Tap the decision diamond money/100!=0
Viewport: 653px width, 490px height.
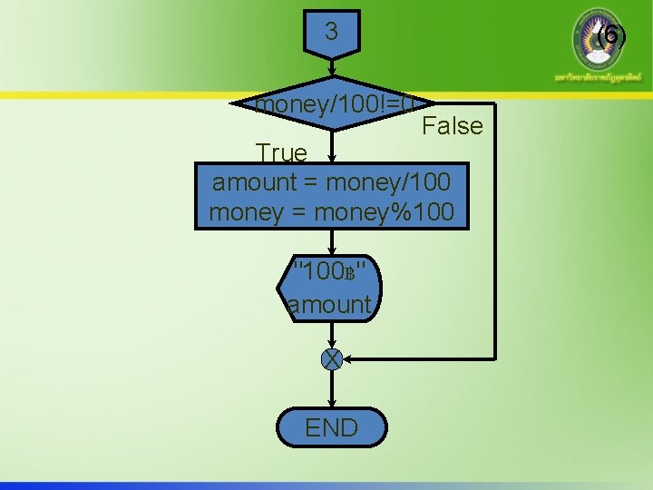click(x=332, y=104)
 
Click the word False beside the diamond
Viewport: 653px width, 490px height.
click(x=453, y=126)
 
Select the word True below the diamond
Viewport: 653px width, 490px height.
click(x=281, y=152)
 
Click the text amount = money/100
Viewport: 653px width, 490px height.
click(x=332, y=181)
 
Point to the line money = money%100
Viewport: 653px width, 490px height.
click(x=332, y=213)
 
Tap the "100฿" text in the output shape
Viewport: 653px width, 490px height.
click(x=331, y=270)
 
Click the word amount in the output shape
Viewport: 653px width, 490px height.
click(x=329, y=304)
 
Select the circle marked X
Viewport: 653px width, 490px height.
click(x=332, y=359)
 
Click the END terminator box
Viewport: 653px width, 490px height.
click(x=332, y=427)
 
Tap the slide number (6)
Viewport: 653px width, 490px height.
click(x=611, y=35)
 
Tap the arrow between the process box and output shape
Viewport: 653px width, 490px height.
click(x=332, y=242)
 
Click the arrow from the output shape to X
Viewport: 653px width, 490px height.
click(x=332, y=334)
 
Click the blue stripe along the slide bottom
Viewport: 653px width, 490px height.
click(x=326, y=485)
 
